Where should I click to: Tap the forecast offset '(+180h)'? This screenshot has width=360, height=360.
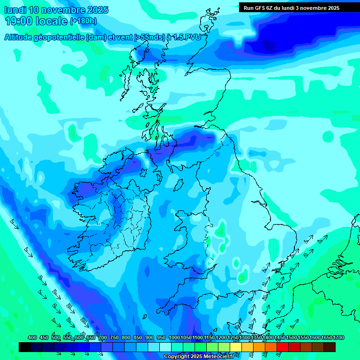[83, 21]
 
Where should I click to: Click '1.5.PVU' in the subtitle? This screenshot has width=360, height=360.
[187, 37]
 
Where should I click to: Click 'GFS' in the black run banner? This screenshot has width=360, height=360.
[259, 8]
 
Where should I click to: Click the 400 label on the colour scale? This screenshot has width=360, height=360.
[32, 338]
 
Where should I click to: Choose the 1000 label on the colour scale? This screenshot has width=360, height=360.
[174, 338]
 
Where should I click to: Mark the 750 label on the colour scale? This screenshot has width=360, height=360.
[114, 338]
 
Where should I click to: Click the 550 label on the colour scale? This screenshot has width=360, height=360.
[67, 338]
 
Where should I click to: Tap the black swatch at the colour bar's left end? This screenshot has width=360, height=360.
[25, 347]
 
